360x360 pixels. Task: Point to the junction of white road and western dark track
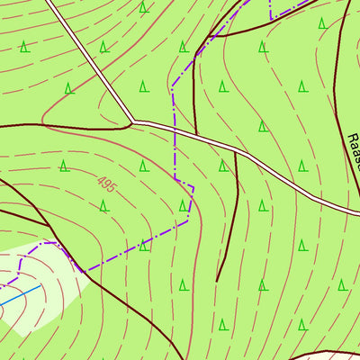[x=132, y=121]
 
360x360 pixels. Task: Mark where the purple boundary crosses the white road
[x=173, y=129]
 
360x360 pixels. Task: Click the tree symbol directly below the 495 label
[x=103, y=206]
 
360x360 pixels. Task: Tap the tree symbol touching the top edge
[x=143, y=7]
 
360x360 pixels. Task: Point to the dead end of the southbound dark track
[x=217, y=281]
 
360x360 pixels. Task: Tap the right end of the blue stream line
[x=40, y=289]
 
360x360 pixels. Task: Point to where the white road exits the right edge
[x=357, y=212]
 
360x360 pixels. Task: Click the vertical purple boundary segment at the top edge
[x=270, y=9]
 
